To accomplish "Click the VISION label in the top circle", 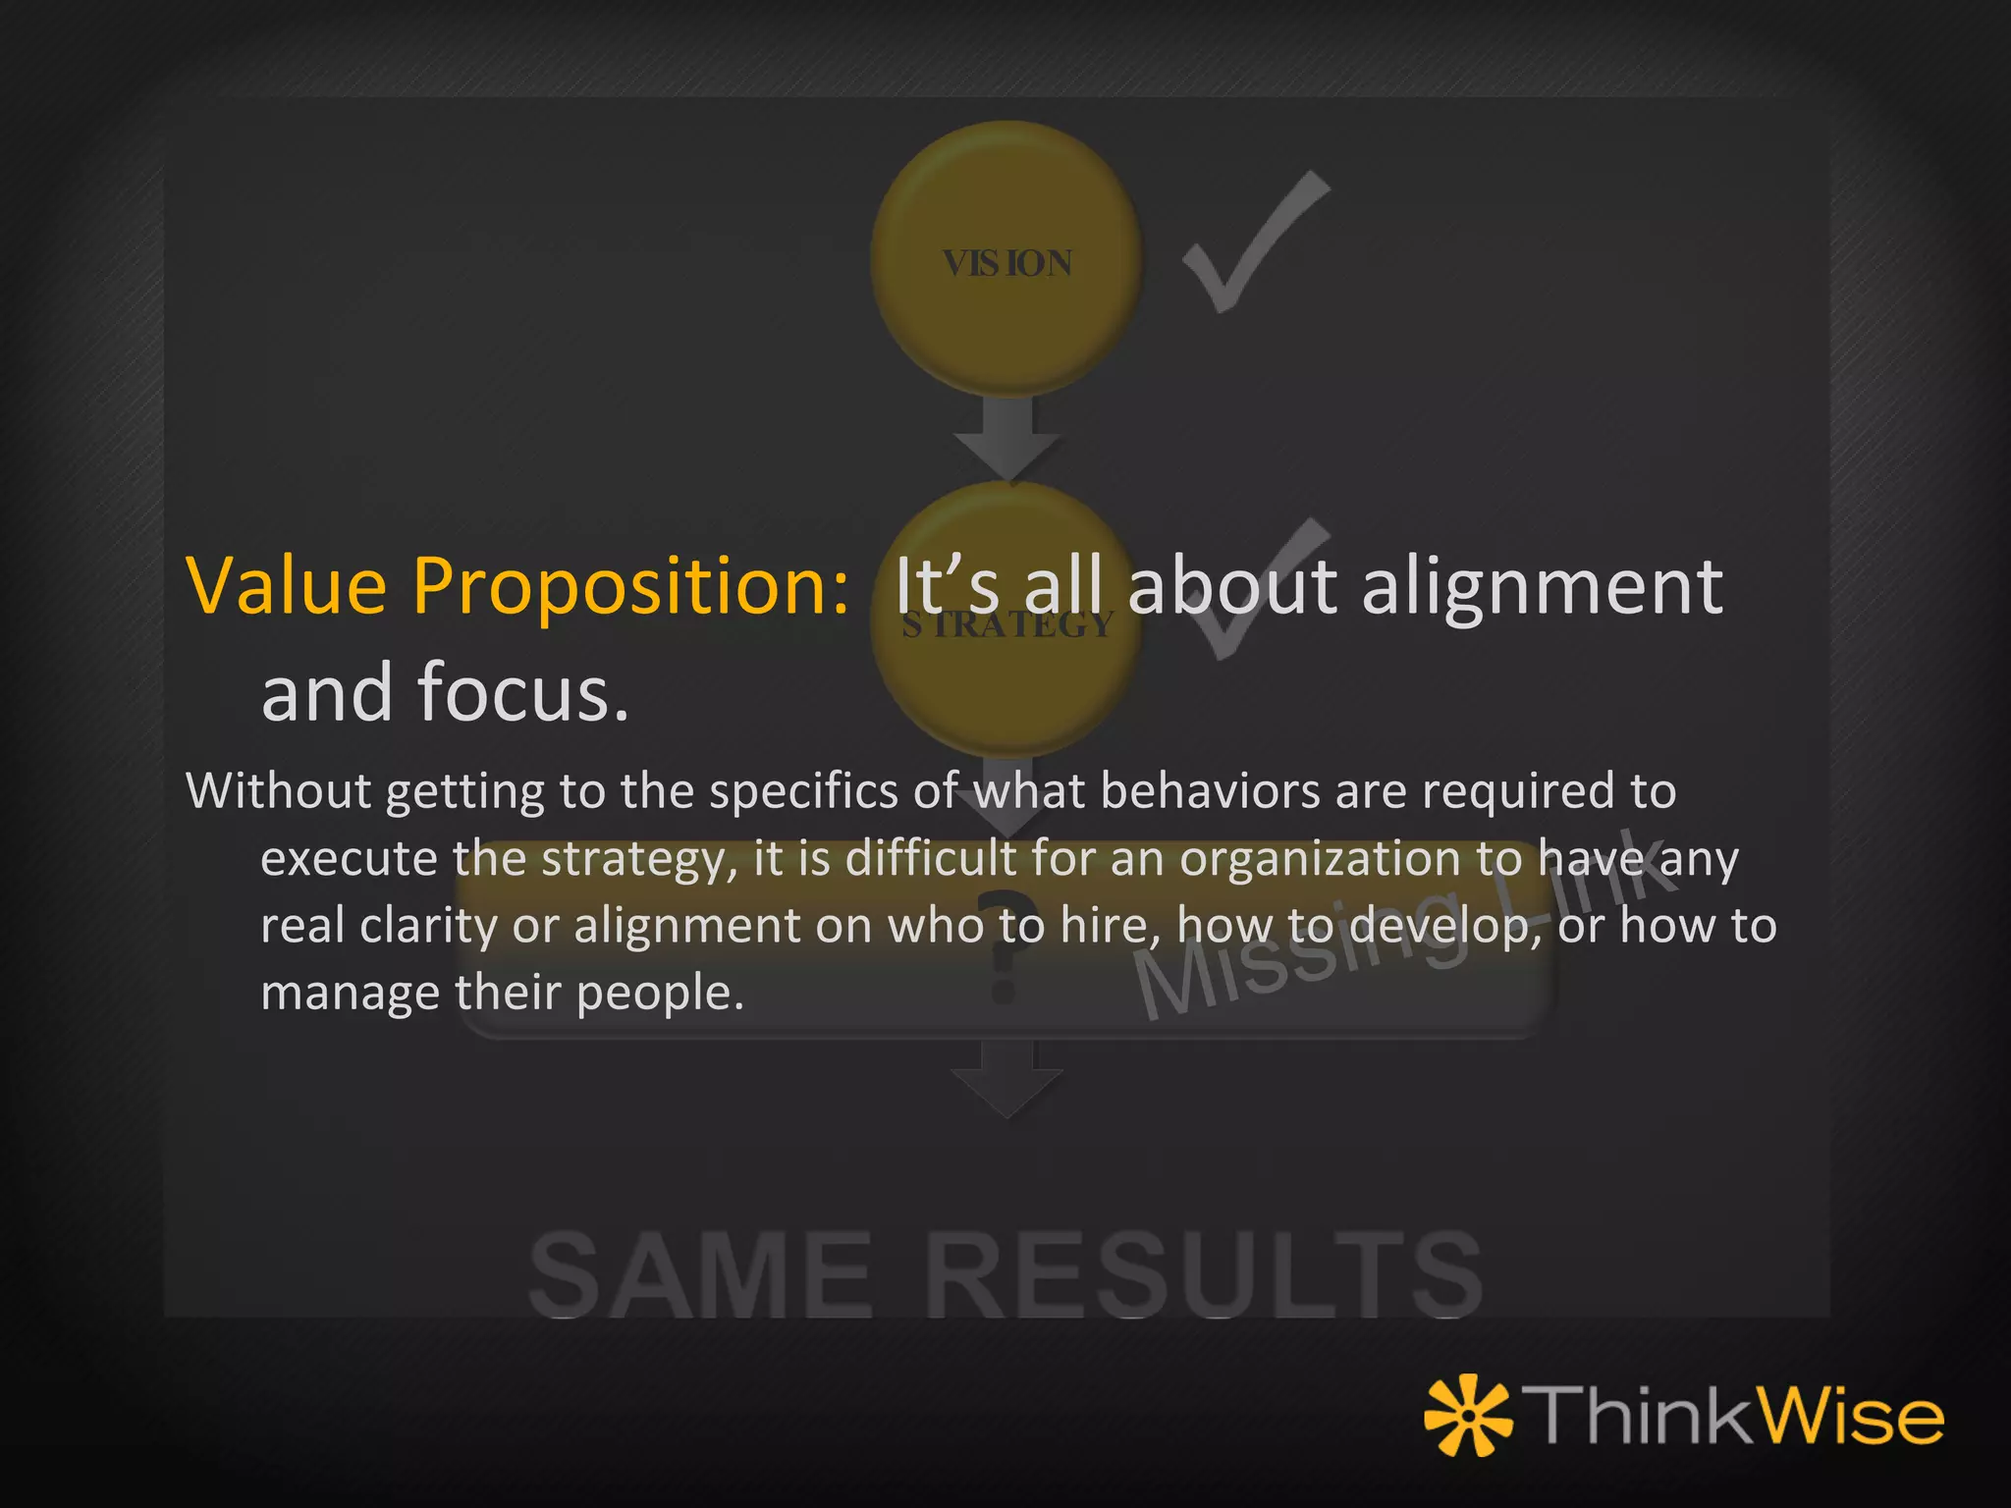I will [1006, 263].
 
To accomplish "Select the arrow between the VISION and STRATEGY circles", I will [1006, 437].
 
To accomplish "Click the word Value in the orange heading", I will [287, 586].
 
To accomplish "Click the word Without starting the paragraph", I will [277, 791].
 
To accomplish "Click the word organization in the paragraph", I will [1320, 860].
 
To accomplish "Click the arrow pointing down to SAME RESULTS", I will [1006, 1080].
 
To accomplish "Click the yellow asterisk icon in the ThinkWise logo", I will [1469, 1416].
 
